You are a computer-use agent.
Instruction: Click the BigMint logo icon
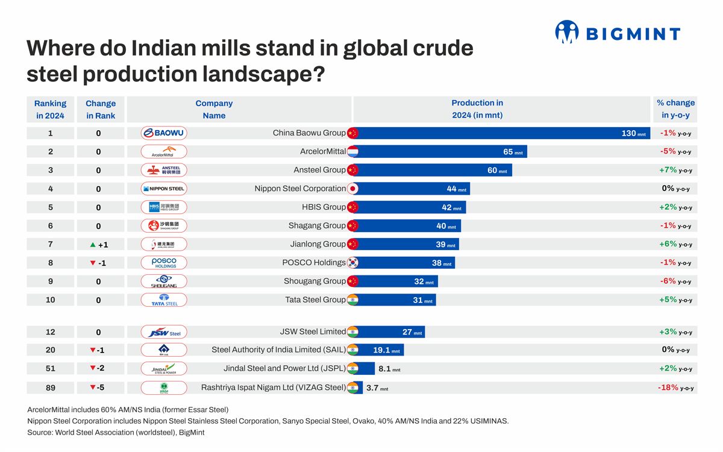coord(566,32)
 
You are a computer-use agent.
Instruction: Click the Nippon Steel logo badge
coord(164,189)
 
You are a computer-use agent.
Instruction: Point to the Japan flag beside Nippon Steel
coord(353,189)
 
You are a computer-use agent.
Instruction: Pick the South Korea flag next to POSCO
coord(353,263)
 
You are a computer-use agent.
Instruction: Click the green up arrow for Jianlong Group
coord(93,245)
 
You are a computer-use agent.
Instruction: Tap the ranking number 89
coord(51,388)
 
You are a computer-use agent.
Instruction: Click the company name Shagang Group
coord(317,225)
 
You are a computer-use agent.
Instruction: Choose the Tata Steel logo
coord(164,300)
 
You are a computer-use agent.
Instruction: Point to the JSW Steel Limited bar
coord(391,332)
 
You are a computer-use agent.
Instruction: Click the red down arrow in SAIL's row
coord(93,350)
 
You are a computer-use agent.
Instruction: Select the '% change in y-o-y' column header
coord(675,109)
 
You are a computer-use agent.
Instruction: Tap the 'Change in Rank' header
coord(101,109)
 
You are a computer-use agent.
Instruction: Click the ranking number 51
coord(51,368)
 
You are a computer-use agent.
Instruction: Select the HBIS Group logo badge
coord(164,207)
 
